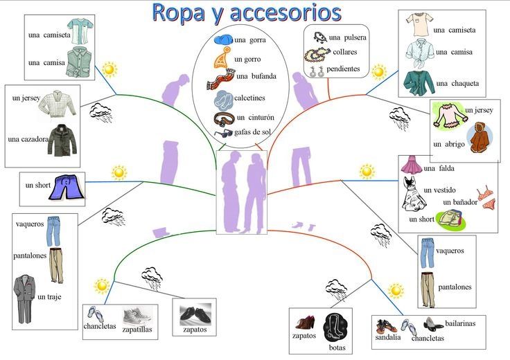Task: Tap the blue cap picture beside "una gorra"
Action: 223,39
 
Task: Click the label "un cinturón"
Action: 256,117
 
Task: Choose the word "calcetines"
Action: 249,98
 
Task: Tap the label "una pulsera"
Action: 348,37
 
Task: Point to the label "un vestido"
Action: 440,190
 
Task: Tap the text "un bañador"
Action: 460,202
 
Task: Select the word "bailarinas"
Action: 460,323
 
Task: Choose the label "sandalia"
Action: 388,338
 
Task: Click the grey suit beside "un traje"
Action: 24,298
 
